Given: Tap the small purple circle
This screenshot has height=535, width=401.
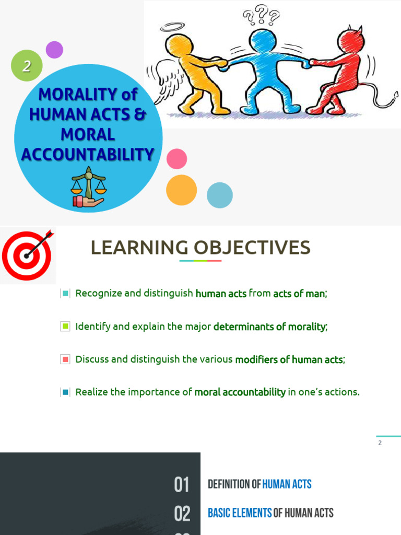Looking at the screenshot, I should tap(54, 50).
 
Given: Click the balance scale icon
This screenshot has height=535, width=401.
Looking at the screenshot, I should tap(88, 187).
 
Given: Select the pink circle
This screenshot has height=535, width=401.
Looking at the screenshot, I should tap(176, 159).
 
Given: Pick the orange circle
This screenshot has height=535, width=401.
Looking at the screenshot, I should tap(181, 190).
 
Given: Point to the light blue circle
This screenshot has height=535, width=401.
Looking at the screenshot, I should tap(220, 195).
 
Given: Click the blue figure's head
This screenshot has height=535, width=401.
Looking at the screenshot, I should tap(263, 41).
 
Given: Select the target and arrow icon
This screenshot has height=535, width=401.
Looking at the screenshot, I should tap(28, 255).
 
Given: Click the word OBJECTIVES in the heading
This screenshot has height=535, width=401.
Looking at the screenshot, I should tap(252, 248).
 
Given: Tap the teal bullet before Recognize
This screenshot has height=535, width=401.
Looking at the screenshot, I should tap(65, 294).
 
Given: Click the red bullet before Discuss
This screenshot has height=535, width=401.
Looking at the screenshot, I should tap(65, 359).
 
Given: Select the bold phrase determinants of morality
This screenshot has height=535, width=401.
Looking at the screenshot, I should tap(269, 327).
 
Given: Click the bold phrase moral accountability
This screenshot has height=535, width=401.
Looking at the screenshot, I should tap(240, 392).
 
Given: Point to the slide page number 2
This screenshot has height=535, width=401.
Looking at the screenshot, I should tap(380, 443).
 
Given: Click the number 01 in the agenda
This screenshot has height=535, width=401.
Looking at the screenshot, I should tap(182, 485).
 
